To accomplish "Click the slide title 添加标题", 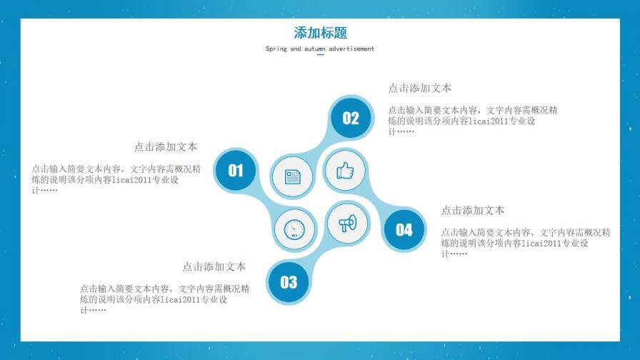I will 320,33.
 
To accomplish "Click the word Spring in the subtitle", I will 276,49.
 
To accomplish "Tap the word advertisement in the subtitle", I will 350,49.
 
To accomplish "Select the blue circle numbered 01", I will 236,170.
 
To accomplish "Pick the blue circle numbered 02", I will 351,119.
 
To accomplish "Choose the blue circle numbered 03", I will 289,282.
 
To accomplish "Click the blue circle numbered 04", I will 404,229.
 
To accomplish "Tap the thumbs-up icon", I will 345,171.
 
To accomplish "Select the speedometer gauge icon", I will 294,229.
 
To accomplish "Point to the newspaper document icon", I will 293,176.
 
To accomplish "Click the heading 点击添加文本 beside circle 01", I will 166,146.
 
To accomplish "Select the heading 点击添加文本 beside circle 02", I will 419,88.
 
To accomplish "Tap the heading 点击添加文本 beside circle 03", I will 214,266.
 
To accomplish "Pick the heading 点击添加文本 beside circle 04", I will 472,210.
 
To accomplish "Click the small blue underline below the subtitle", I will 320,55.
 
